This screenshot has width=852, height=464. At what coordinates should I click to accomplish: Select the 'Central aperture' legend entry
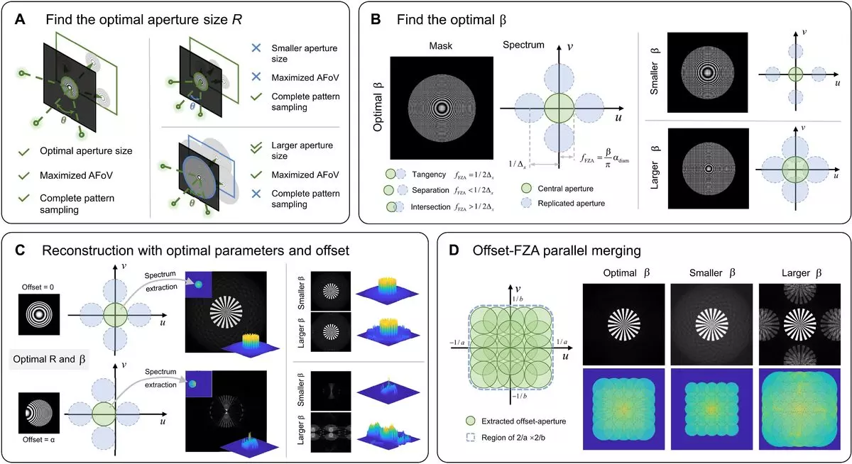(577, 188)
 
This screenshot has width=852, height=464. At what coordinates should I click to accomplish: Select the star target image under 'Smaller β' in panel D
(710, 322)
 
